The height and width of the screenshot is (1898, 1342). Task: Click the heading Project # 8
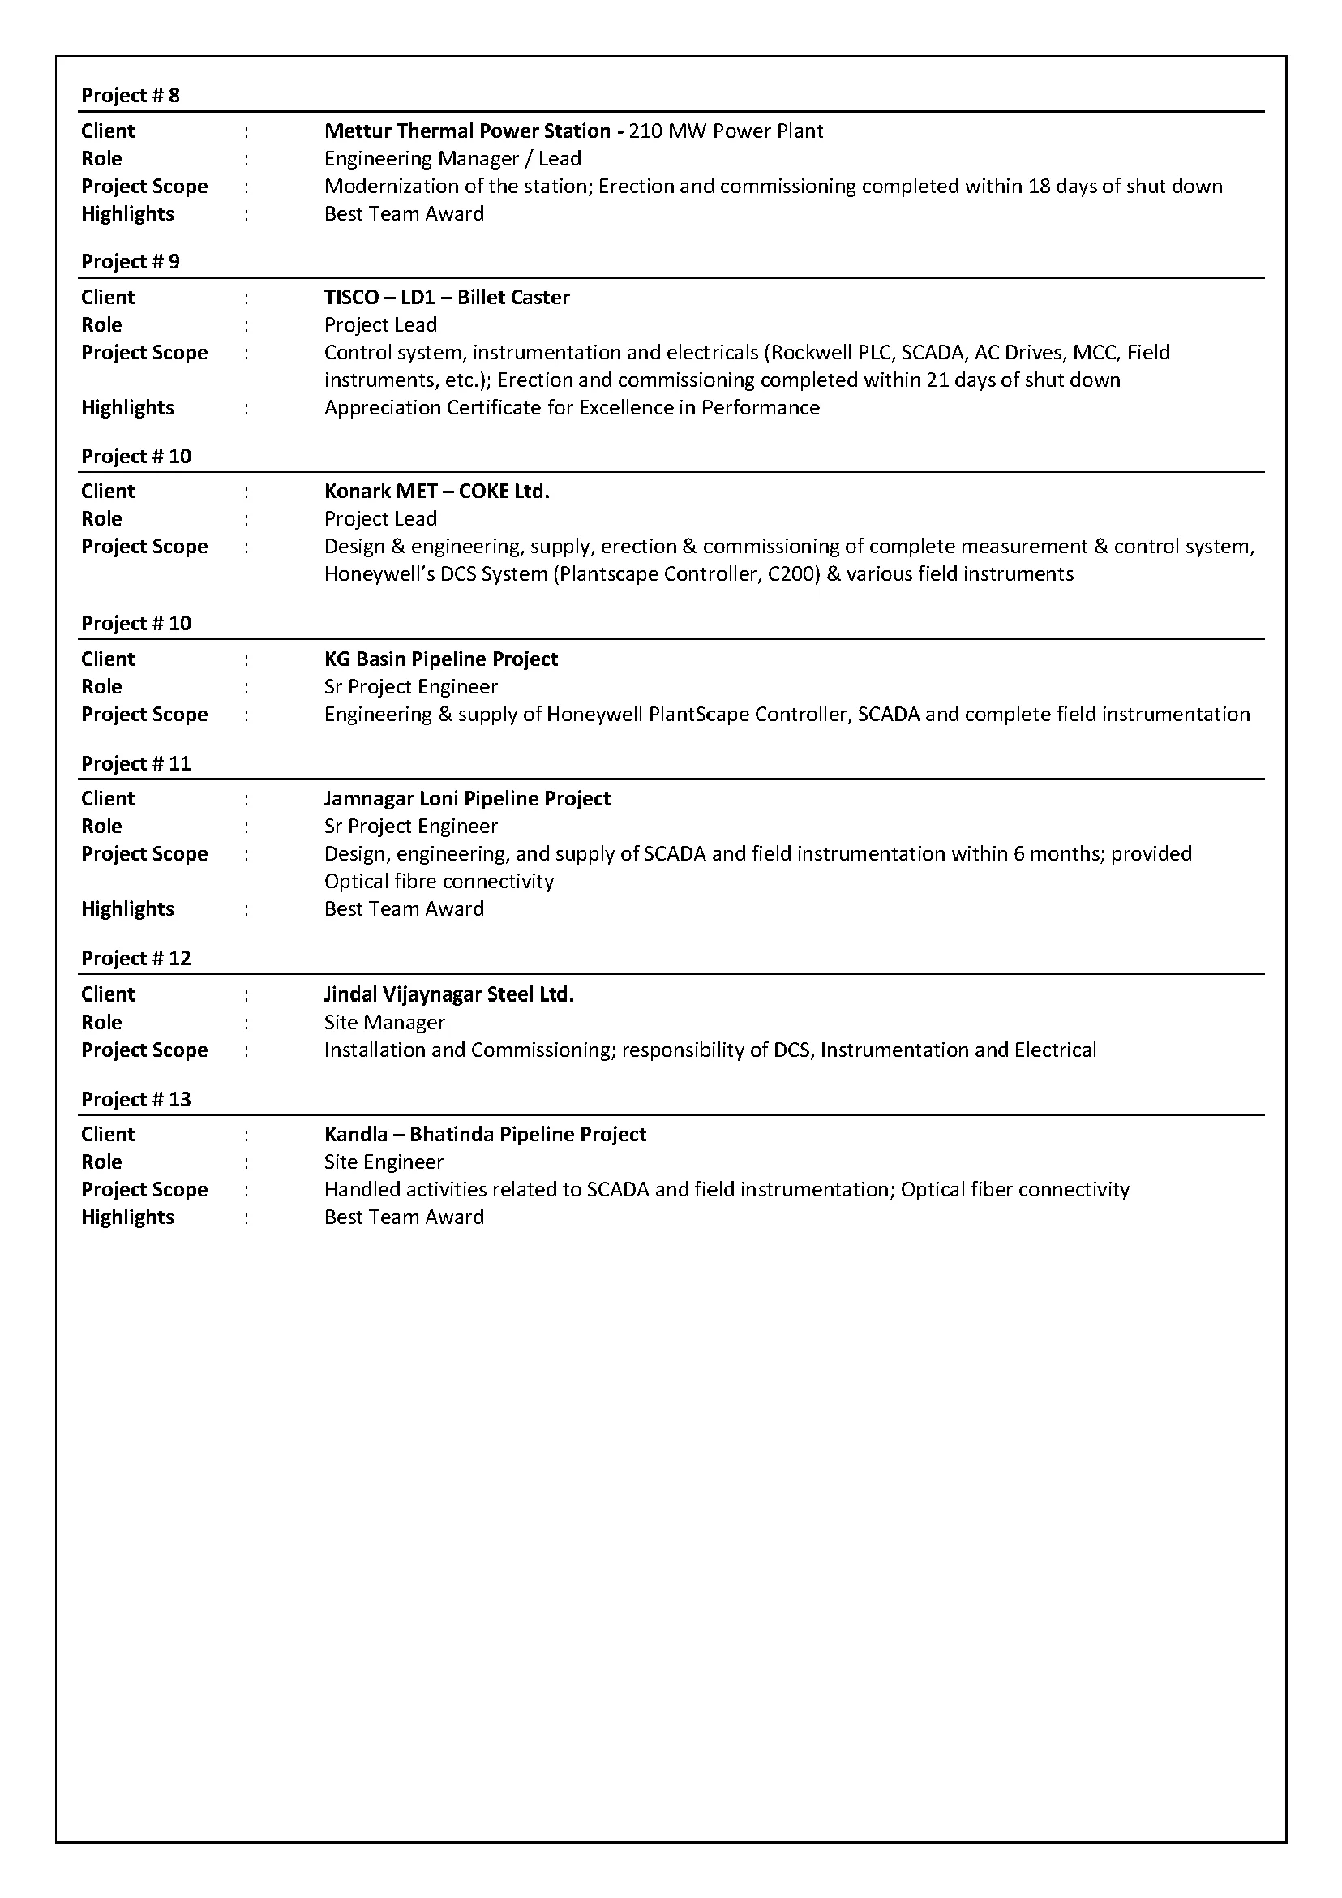(x=131, y=95)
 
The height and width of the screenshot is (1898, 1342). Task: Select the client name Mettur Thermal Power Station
(x=467, y=131)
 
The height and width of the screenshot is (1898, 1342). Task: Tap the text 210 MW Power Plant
(x=726, y=131)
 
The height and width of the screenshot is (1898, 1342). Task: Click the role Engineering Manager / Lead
(x=452, y=158)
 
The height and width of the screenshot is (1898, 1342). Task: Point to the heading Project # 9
(x=131, y=261)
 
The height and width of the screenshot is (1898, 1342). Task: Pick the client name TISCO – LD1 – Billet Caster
(x=446, y=297)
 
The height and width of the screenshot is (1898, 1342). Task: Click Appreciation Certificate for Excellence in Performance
(x=571, y=407)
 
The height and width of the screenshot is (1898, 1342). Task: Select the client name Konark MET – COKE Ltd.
(x=436, y=491)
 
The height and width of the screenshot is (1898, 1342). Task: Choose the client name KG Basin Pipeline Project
(x=440, y=659)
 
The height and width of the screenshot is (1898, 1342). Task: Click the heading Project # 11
(x=135, y=763)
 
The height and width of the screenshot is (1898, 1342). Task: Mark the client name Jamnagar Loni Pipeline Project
(x=467, y=799)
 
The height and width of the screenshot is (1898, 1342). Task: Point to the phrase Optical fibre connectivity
(x=438, y=881)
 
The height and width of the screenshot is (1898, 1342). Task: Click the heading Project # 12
(x=135, y=958)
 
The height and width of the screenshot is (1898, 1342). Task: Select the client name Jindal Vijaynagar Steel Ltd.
(x=448, y=994)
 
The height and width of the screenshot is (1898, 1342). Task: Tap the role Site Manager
(x=384, y=1023)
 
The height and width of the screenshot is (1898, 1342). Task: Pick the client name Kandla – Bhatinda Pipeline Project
(x=484, y=1134)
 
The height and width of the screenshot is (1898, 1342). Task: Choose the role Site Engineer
(x=384, y=1162)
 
